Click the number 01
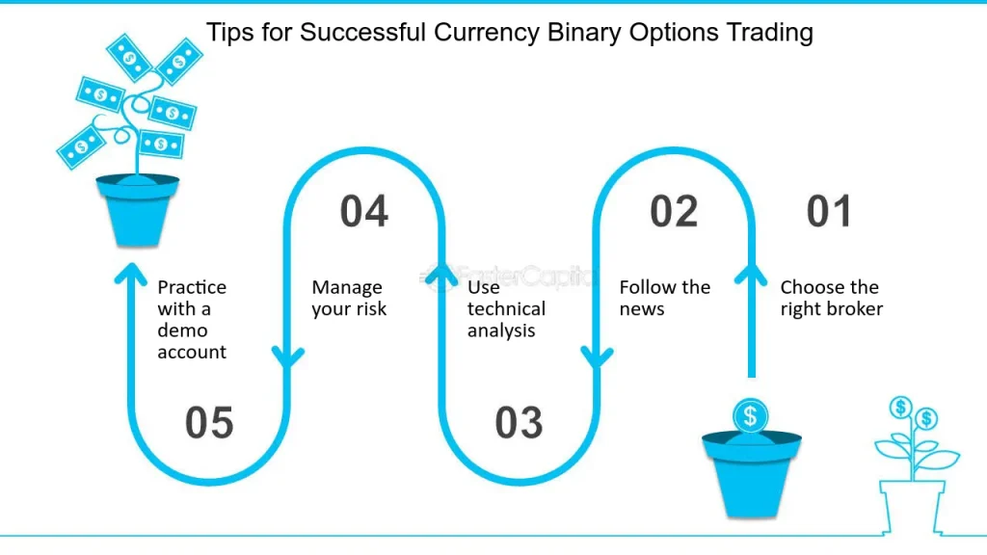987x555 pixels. [x=829, y=212]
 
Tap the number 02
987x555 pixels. [x=673, y=212]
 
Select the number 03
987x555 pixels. [x=519, y=423]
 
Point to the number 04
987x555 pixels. [x=363, y=212]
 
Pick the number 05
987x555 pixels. [x=209, y=423]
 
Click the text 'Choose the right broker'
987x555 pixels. [x=831, y=298]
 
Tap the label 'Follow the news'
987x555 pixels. [x=664, y=298]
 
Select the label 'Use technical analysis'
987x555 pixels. [x=506, y=308]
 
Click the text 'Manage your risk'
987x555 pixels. [x=348, y=298]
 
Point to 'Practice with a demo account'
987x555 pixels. [x=192, y=319]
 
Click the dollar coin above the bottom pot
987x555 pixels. [x=750, y=416]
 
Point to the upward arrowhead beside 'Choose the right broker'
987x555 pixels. [x=750, y=273]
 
